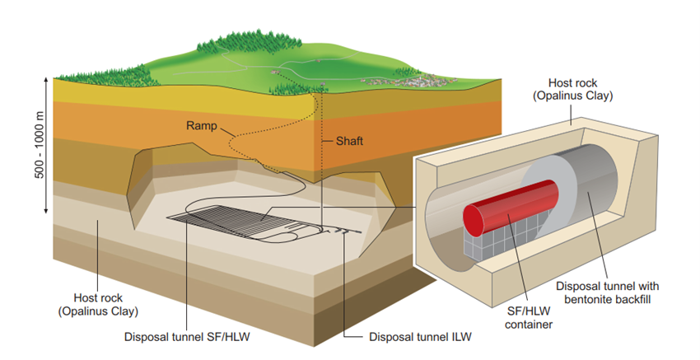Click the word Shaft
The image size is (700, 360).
(x=348, y=141)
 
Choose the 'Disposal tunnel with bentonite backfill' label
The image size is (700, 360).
(x=608, y=292)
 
